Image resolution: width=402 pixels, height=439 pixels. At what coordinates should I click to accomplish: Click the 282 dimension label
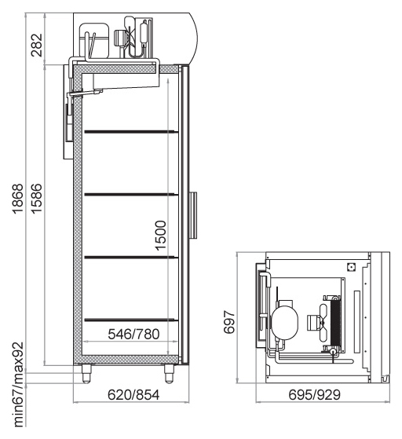click(x=36, y=46)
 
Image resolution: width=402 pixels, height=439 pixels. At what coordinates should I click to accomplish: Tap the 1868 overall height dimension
click(x=17, y=199)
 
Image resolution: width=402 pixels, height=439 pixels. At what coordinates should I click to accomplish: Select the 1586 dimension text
click(x=36, y=199)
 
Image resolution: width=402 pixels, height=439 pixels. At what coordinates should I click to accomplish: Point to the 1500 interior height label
click(x=161, y=236)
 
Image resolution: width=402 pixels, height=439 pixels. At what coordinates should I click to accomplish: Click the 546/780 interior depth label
click(x=133, y=334)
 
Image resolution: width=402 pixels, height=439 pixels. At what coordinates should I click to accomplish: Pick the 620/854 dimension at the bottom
click(x=133, y=395)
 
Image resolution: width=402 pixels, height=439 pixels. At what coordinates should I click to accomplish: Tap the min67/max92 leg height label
click(x=19, y=385)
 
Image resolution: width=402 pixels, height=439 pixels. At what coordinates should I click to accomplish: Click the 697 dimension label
click(x=229, y=322)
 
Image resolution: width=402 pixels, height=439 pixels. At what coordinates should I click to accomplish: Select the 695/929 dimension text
click(x=314, y=395)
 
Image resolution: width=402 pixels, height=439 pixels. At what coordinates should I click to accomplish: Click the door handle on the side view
click(x=193, y=215)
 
